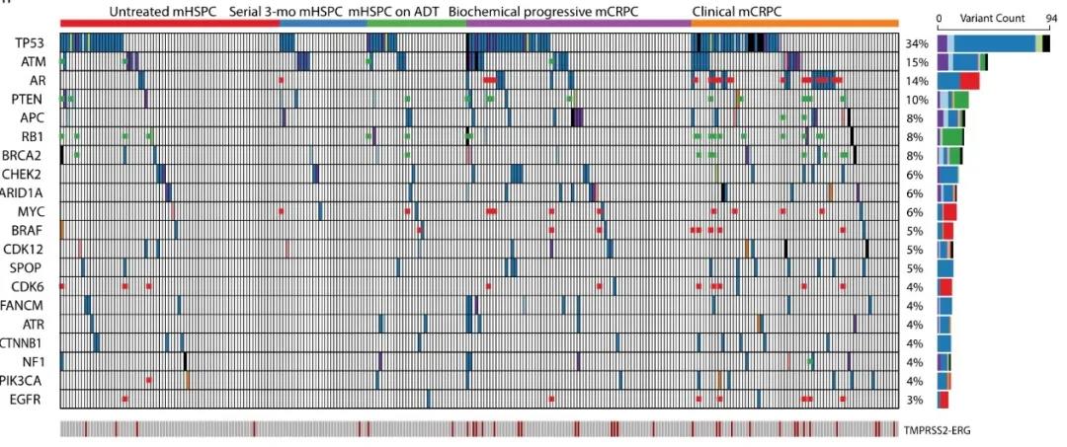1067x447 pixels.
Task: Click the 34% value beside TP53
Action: coord(916,44)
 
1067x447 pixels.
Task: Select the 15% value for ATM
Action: coord(916,63)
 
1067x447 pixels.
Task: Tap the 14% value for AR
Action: coord(916,81)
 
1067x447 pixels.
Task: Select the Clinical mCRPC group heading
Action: coord(731,11)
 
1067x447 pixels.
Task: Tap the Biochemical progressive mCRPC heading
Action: coord(542,11)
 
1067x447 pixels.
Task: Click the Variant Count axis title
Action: coord(989,18)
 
